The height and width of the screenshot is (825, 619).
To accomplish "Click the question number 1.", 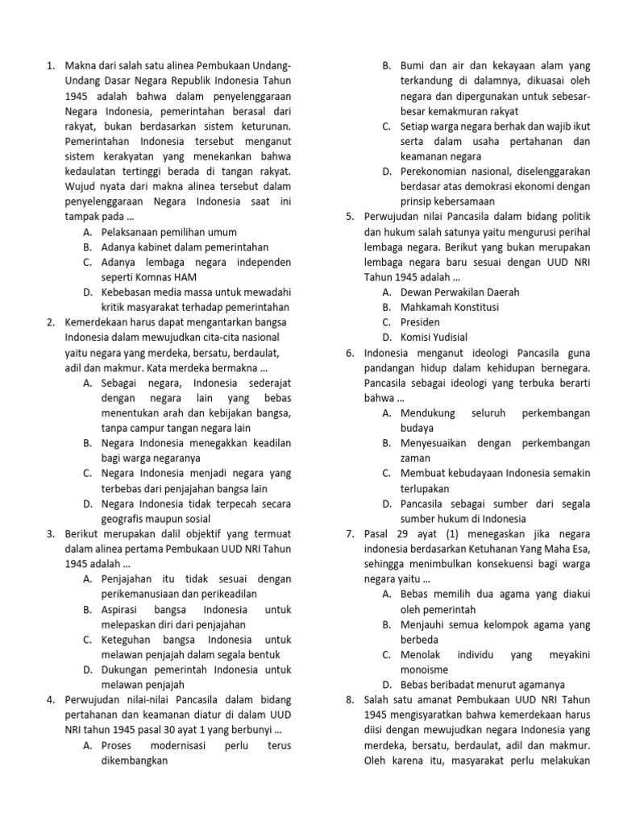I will pyautogui.click(x=51, y=65).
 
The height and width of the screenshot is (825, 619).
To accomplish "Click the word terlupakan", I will pyautogui.click(x=429, y=488).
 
